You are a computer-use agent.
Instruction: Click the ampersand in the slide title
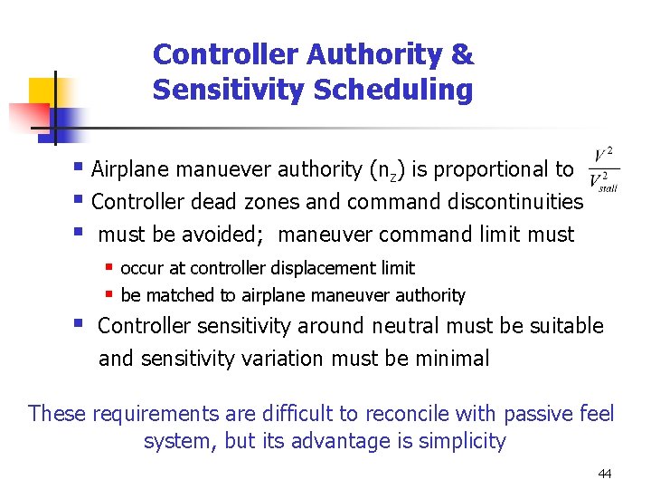tap(461, 55)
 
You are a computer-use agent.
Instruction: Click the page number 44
tap(604, 475)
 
